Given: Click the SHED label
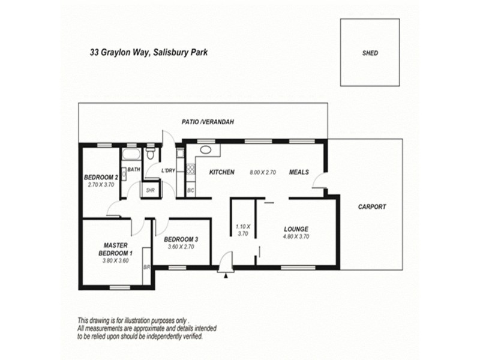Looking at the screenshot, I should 370,53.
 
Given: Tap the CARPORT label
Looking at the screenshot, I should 372,206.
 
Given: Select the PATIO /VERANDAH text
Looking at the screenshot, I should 208,122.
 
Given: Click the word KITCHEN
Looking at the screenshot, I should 221,172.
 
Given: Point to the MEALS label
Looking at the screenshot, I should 298,172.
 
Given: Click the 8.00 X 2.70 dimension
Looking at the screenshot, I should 262,173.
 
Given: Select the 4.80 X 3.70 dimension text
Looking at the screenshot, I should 295,236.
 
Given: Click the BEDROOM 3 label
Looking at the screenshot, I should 181,239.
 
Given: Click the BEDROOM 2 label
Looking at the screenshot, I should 100,177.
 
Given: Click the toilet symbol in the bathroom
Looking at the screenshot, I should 152,155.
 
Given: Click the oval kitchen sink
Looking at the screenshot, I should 205,150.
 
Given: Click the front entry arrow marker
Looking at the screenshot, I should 226,275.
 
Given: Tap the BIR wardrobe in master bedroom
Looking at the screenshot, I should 146,268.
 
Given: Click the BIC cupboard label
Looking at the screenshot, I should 190,190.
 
